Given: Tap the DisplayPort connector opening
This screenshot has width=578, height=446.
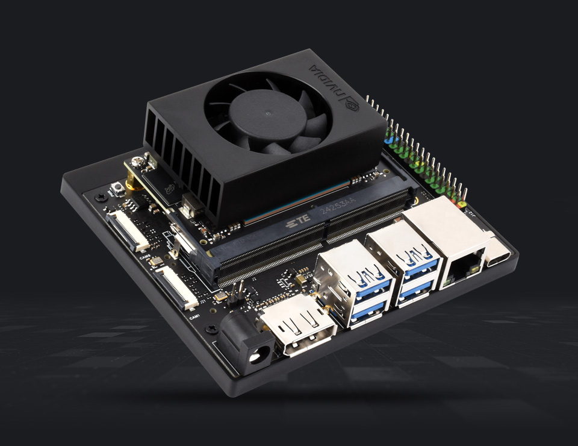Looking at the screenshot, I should (300, 326).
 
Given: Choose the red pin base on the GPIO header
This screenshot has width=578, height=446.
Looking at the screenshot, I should (462, 204).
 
